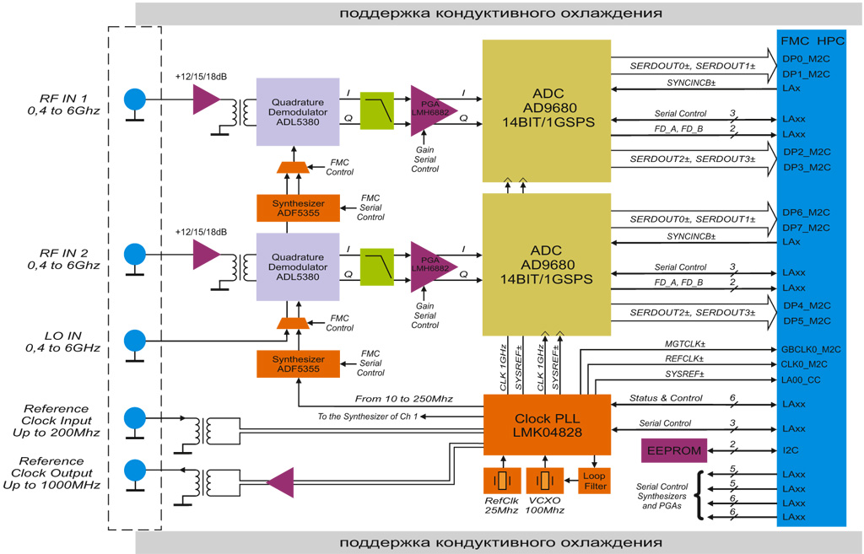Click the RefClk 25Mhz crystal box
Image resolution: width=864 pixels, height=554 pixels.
pos(502,481)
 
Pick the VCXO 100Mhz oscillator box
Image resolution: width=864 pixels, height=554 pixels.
pos(545,481)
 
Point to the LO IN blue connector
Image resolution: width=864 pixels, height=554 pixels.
pos(134,341)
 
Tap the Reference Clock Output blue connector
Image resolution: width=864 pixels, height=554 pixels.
pos(134,470)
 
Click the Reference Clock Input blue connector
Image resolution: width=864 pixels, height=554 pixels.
pos(134,418)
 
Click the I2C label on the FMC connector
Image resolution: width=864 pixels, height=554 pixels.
pos(791,450)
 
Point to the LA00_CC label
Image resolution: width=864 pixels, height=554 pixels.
pos(802,380)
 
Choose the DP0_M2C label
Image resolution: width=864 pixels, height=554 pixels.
pos(807,59)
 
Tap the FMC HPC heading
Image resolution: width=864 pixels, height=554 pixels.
pos(812,39)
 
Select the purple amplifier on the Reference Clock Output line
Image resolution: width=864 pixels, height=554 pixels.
pos(279,482)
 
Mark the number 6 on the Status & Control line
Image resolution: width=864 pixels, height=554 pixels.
pos(732,398)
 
